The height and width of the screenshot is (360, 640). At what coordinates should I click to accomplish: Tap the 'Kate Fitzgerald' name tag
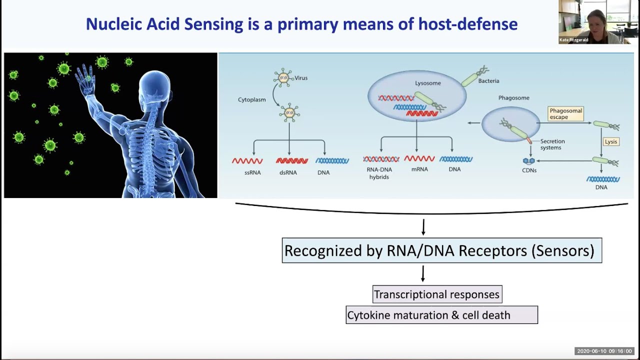click(x=573, y=40)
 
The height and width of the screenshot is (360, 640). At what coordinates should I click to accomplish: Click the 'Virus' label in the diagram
click(x=301, y=78)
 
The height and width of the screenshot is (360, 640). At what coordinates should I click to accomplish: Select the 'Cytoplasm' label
click(x=251, y=99)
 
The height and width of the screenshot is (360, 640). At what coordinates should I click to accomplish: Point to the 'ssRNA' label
click(x=252, y=172)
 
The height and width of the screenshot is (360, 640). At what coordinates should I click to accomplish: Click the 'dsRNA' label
click(x=288, y=172)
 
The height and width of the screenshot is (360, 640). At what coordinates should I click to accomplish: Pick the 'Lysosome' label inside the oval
click(x=427, y=83)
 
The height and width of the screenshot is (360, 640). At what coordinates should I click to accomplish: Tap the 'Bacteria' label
click(x=488, y=81)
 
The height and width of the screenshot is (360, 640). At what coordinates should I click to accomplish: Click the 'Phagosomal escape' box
click(x=565, y=113)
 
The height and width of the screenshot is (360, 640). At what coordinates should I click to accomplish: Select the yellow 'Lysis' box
click(x=611, y=141)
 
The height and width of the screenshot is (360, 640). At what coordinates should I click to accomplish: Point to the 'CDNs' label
click(x=529, y=170)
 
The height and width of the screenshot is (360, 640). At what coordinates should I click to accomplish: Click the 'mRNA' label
click(x=419, y=169)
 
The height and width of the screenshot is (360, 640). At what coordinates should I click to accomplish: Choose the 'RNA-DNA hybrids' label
click(x=379, y=173)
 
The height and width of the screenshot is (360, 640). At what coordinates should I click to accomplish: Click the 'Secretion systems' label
click(x=552, y=144)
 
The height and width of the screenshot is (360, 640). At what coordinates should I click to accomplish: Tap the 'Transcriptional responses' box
click(x=437, y=294)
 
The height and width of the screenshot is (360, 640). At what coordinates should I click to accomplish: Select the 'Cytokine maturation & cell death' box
click(x=441, y=315)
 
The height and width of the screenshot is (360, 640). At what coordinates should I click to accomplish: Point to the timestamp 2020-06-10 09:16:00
click(x=604, y=351)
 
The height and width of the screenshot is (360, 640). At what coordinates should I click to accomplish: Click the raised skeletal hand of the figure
click(x=85, y=78)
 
